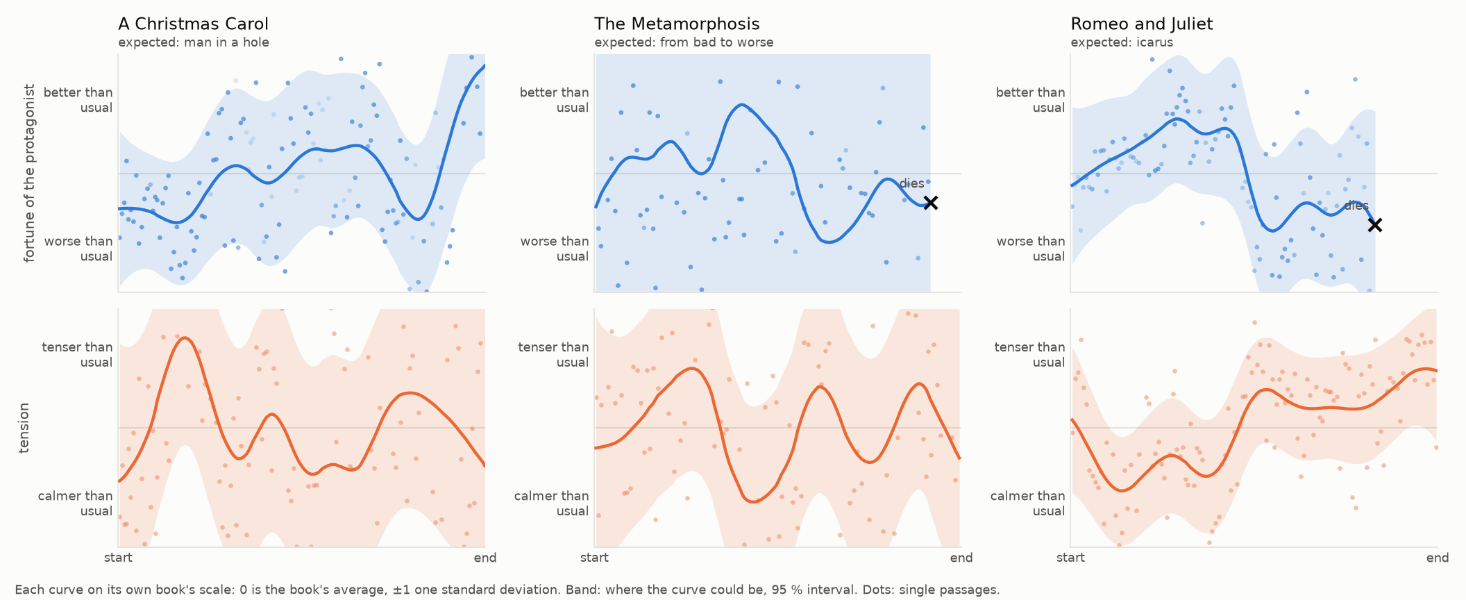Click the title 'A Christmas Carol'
(193, 24)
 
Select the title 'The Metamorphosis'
(677, 24)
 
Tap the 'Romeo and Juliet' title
(1141, 24)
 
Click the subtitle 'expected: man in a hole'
(194, 42)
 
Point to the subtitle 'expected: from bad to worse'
(684, 42)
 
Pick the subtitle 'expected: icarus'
(1122, 42)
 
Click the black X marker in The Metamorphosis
(931, 203)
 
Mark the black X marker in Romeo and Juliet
(1374, 225)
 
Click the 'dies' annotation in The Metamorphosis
(911, 183)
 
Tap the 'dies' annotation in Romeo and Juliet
(1356, 206)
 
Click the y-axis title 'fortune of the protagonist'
(29, 173)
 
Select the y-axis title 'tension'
(24, 428)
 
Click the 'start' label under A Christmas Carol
(118, 558)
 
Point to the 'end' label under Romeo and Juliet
(1437, 558)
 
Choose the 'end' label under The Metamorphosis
(961, 558)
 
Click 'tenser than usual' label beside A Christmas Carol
(77, 354)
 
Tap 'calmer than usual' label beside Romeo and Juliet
(1027, 503)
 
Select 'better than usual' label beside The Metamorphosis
(554, 100)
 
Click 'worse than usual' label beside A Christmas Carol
(78, 249)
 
